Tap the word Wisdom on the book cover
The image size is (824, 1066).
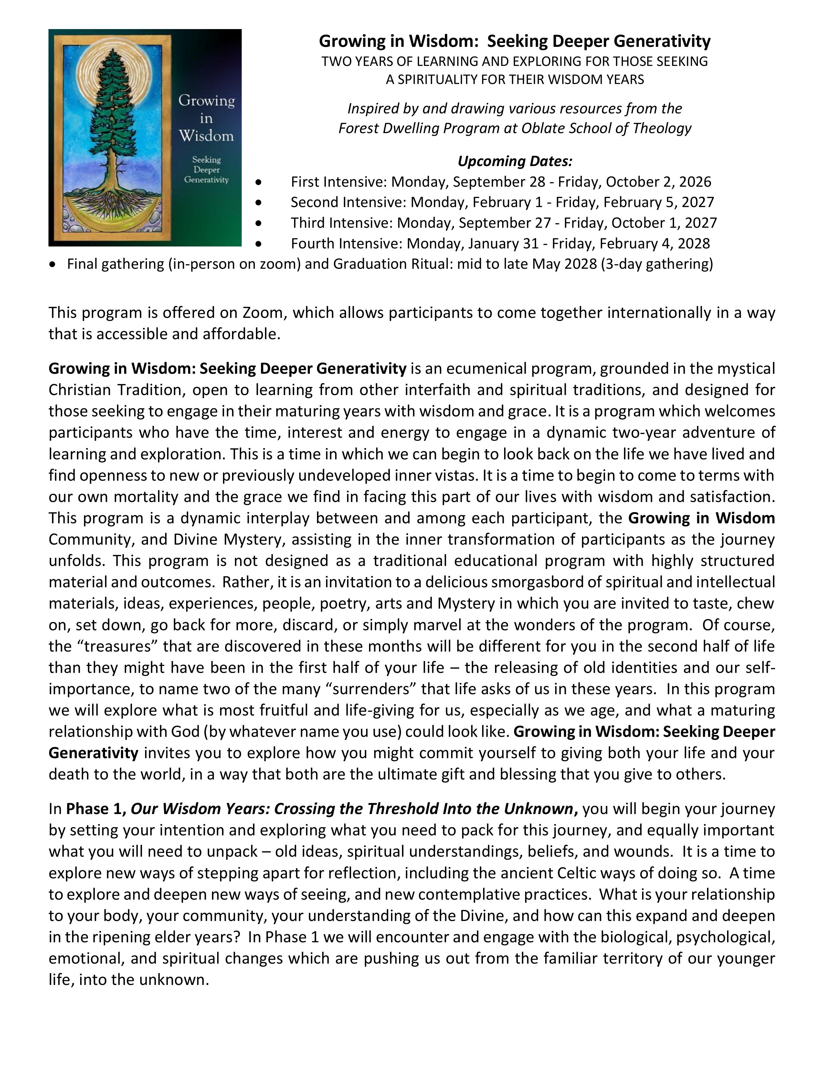click(206, 136)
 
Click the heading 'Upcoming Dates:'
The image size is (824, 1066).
click(514, 161)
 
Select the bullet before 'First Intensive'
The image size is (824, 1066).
click(258, 182)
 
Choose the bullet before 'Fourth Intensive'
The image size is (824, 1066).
click(258, 244)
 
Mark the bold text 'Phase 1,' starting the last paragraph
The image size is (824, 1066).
click(96, 809)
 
